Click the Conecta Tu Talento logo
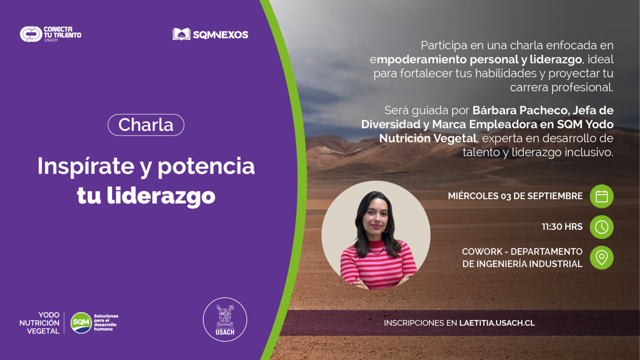50,34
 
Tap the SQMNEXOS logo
211,35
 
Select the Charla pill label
146,125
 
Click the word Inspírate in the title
86,166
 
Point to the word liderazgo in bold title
161,196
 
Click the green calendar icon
602,196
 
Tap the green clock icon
602,227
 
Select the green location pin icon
602,258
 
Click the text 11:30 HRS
562,227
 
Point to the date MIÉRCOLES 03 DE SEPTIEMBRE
515,196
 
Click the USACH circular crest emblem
225,319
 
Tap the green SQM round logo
81,323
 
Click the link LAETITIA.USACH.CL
497,323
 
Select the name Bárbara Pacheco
519,110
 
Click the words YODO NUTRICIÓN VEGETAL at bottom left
40,323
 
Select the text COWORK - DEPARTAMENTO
522,252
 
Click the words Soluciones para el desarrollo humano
106,322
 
